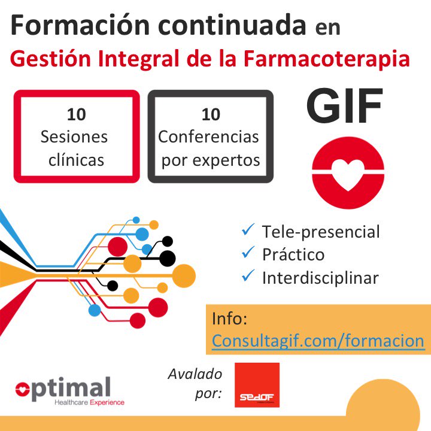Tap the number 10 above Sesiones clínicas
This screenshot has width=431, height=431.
pos(76,114)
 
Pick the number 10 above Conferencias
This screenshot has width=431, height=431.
pos(210,114)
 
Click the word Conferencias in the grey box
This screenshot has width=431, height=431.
pos(209,136)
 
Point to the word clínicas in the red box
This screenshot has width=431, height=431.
pos(76,159)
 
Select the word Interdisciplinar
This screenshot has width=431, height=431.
pos(320,277)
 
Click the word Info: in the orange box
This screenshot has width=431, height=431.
pos(229,318)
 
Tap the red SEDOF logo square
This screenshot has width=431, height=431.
pos(257,385)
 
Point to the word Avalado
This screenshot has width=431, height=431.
pos(195,375)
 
